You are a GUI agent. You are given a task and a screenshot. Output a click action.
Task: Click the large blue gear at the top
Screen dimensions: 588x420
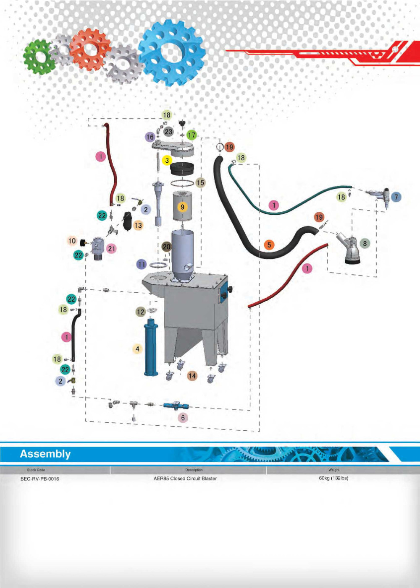[172, 52]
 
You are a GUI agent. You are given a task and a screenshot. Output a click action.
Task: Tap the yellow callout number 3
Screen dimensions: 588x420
[167, 160]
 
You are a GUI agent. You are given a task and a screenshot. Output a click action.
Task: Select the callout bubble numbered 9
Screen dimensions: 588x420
[182, 207]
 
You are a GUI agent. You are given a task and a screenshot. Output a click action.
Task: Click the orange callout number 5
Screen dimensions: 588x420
[269, 245]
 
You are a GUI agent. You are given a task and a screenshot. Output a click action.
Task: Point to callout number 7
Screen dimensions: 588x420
[396, 197]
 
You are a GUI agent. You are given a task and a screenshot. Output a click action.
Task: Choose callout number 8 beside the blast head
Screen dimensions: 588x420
[365, 243]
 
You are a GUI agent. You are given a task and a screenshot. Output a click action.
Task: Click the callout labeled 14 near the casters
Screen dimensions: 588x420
[192, 376]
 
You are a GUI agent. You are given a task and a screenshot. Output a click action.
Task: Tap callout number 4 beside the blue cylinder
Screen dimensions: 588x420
[137, 349]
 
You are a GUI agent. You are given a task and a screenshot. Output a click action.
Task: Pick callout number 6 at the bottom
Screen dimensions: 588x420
[183, 418]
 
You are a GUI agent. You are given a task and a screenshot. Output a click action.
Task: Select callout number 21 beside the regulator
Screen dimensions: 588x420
[111, 248]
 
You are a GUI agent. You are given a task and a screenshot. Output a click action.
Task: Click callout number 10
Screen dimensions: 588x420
[72, 241]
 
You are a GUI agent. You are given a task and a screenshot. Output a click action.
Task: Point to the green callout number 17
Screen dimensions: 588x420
[192, 135]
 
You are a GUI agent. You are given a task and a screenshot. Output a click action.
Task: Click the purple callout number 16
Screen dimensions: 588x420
[150, 137]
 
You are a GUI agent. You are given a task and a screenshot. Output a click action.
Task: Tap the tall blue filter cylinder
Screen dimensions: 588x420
[150, 348]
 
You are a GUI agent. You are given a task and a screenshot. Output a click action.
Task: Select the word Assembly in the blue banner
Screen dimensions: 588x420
[45, 454]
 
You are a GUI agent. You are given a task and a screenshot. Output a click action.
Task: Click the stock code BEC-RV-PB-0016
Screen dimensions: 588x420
[39, 479]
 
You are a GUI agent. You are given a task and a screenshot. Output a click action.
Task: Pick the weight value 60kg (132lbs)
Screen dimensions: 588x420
[333, 478]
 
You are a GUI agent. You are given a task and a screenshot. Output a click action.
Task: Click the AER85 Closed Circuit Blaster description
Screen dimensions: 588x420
[185, 479]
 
